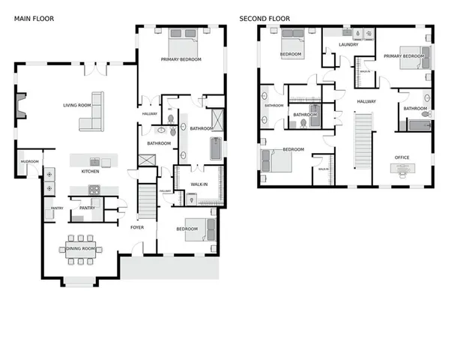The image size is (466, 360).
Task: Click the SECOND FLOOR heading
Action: [264, 18]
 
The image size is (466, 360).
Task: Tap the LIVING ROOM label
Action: [76, 106]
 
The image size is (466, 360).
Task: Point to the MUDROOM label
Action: [29, 161]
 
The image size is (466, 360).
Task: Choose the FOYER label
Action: [137, 226]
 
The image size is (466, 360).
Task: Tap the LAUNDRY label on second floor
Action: [348, 45]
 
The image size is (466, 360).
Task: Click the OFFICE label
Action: [402, 157]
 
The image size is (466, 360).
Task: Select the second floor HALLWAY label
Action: [366, 101]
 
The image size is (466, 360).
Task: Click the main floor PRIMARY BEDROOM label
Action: [181, 59]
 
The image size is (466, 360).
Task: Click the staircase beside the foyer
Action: [147, 202]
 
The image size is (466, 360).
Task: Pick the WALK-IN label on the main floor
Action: [199, 184]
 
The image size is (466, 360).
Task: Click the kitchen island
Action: [94, 160]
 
